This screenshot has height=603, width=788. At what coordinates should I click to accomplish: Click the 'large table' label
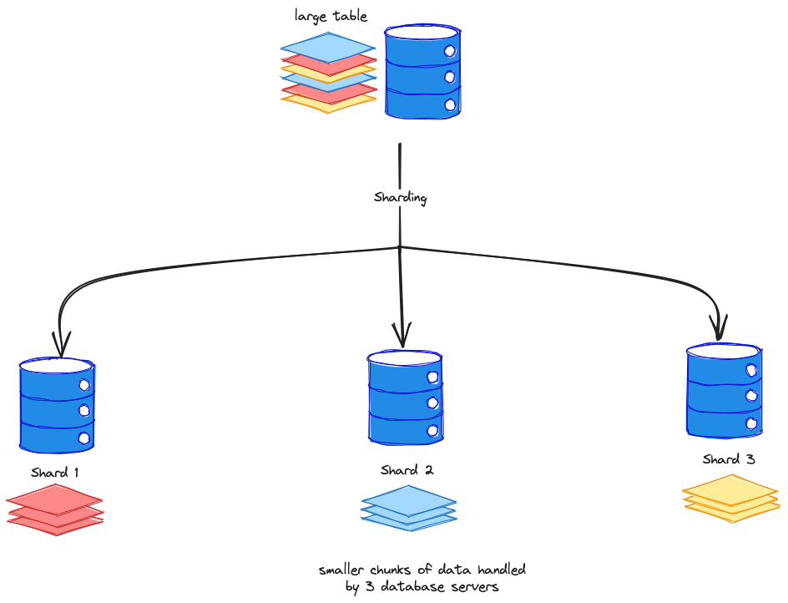click(331, 16)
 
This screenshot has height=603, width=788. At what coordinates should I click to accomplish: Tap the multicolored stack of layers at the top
click(328, 73)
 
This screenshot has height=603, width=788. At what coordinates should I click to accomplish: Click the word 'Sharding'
click(401, 198)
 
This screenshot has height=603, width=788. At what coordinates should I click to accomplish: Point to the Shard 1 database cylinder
click(57, 405)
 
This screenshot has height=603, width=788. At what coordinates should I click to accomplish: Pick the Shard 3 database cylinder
click(724, 391)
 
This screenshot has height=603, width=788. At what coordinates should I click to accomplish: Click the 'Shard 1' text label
click(55, 473)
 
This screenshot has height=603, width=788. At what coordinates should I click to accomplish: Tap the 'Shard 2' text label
click(407, 470)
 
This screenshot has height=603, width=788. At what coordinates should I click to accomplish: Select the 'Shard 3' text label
click(729, 459)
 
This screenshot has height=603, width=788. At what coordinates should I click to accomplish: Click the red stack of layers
click(55, 509)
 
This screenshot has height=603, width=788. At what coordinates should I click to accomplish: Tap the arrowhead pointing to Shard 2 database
click(403, 337)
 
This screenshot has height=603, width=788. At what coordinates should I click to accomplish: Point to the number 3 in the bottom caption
click(366, 587)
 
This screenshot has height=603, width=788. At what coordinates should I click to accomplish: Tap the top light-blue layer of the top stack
click(328, 46)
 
